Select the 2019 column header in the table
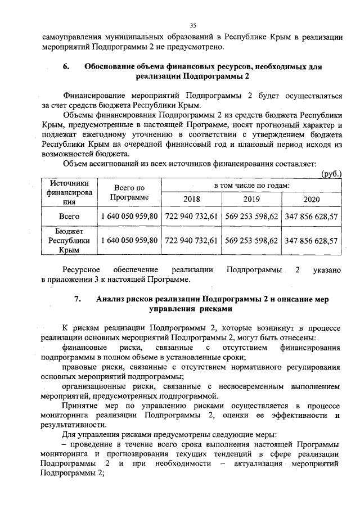pos(251,199)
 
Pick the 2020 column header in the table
pos(311,199)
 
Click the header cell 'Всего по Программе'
pos(129,192)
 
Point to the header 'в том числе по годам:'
pos(251,185)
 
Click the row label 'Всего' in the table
pos(69,217)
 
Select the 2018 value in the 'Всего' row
pos(191,217)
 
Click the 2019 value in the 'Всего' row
pos(251,217)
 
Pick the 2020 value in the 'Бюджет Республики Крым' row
pos(311,240)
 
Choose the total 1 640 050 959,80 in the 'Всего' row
pos(129,217)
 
